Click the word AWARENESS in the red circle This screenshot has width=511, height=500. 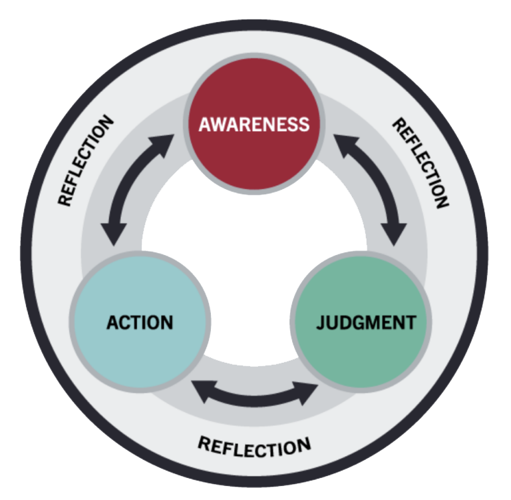255,125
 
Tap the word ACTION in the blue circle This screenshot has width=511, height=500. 140,323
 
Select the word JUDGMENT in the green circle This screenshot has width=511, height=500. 366,323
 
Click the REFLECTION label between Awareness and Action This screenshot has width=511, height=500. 86,160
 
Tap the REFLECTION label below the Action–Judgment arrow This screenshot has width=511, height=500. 254,444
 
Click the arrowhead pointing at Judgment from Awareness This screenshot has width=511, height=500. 395,232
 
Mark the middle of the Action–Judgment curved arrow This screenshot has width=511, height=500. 255,398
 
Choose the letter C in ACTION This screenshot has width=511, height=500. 124,323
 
